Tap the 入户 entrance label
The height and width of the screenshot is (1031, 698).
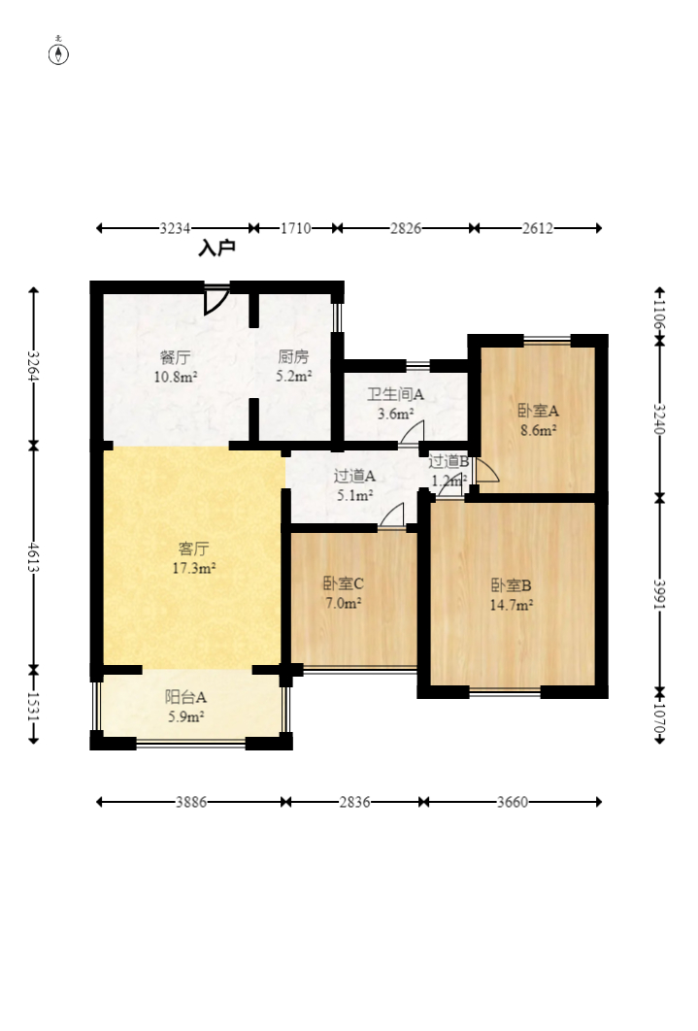click(216, 248)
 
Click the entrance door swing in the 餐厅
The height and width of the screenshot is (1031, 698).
click(216, 301)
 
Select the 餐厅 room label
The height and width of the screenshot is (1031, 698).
click(176, 357)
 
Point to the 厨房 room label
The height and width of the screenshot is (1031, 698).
click(293, 356)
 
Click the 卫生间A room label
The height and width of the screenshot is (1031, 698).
click(395, 394)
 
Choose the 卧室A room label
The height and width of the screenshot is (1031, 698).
click(538, 411)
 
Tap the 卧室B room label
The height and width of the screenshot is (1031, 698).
click(511, 585)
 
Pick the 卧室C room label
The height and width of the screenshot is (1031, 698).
click(343, 583)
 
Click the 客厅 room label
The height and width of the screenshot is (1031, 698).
click(194, 549)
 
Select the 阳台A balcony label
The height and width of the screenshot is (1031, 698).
click(185, 697)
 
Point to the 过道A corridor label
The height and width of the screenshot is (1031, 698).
click(354, 476)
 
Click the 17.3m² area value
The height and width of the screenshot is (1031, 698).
click(194, 568)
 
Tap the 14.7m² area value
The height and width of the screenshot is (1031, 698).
click(511, 605)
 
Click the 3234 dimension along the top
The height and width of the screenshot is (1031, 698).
click(175, 228)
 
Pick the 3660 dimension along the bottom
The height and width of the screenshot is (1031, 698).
click(512, 802)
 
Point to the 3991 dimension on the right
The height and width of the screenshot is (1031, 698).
click(660, 594)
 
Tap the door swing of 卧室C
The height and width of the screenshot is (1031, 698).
click(392, 515)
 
